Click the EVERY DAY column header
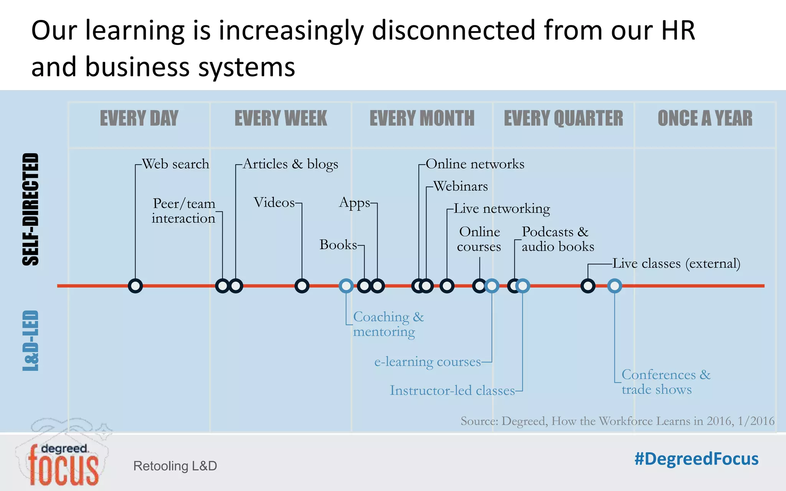pos(139,118)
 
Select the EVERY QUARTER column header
pos(563,118)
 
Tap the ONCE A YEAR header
pos(705,118)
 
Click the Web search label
pos(175,164)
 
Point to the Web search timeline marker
pos(135,286)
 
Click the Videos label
pos(274,203)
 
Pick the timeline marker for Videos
pos(302,286)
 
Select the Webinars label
pos(461,186)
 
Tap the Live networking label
pos(502,209)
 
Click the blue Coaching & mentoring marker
pos(346,286)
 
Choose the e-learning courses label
pos(428,362)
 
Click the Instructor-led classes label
pos(452,390)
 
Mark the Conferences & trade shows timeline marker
pos(614,286)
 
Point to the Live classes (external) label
pos(676,264)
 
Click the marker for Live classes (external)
pos(588,286)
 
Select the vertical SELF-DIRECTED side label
pos(31,209)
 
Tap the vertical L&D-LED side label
pos(31,341)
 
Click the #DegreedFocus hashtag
pos(696,459)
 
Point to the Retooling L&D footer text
pos(175,466)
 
